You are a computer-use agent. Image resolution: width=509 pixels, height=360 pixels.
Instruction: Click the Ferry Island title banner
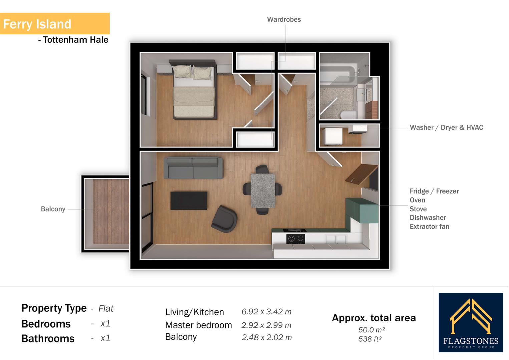(54, 24)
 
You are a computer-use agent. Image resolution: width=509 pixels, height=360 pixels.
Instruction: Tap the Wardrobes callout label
(284, 19)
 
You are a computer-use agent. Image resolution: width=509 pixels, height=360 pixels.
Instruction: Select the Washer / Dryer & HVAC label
(446, 127)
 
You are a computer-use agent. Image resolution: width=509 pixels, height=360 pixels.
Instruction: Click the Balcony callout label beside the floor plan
(53, 209)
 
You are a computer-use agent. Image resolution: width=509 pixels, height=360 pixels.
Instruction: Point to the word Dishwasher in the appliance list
(428, 218)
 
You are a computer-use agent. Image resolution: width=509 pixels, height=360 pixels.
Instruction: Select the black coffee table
(189, 200)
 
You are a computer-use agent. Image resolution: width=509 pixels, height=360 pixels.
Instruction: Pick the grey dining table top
(263, 190)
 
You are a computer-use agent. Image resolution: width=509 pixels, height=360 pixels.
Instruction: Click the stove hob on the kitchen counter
(296, 239)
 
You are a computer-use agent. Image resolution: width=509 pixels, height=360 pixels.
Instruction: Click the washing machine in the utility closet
(333, 137)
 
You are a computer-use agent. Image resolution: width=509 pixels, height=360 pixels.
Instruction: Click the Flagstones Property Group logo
(470, 322)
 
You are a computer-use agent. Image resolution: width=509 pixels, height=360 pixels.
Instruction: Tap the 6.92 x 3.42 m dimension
(266, 312)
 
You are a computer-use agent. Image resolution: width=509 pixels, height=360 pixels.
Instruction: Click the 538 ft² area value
(370, 339)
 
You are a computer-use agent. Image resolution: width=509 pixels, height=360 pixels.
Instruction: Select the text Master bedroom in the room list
(198, 325)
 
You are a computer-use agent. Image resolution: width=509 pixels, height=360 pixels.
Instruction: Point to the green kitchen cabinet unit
(361, 210)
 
